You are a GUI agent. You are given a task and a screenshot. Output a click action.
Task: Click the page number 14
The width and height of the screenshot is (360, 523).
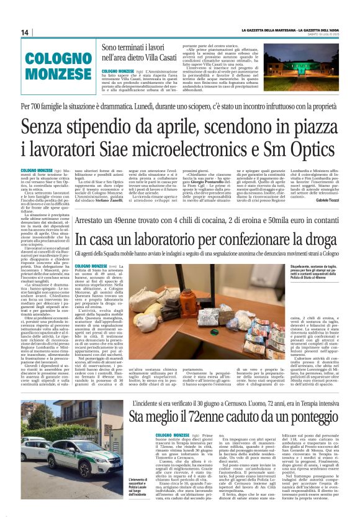25,32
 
